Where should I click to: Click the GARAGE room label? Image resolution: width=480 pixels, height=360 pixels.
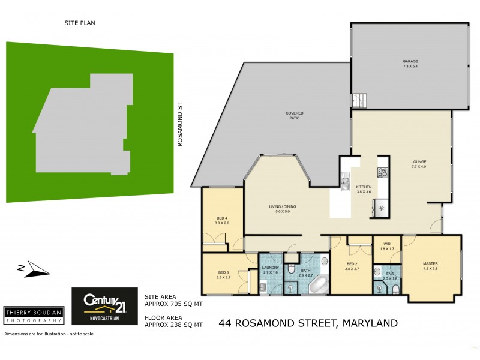click(410, 61)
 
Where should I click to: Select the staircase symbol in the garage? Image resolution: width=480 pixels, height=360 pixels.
click(358, 100)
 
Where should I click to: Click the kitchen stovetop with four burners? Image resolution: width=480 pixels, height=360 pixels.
click(382, 172)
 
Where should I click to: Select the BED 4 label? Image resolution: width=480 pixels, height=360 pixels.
click(222, 218)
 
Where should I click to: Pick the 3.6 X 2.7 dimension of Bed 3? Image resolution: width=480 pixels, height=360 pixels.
click(223, 278)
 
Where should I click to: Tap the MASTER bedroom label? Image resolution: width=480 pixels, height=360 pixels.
click(430, 263)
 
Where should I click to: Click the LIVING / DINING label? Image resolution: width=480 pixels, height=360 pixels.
click(283, 206)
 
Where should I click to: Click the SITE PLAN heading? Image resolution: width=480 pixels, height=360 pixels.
click(80, 23)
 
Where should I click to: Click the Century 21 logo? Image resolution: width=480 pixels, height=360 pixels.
click(104, 304)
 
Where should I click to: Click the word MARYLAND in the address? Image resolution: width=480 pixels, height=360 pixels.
click(370, 323)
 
